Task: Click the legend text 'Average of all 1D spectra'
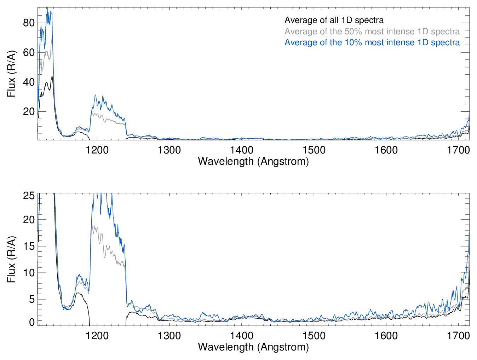pos(334,20)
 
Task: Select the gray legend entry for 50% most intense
pos(372,31)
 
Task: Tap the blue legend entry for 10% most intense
pos(372,42)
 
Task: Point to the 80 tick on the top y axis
pos(29,23)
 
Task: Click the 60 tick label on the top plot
pos(29,53)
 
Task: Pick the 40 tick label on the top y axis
pos(29,82)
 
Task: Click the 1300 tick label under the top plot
pos(169,150)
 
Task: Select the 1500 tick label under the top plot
pos(314,150)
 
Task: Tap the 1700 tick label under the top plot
pos(458,150)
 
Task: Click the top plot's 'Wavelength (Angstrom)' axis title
pos(253,161)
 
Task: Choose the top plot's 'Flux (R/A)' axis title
pos(11,74)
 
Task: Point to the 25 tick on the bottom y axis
pos(29,196)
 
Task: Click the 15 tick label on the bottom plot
pos(29,246)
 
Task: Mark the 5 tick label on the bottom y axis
pos(32,299)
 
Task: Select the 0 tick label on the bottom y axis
pos(32,322)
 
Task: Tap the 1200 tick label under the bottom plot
pos(97,335)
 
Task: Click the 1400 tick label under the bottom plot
pos(242,335)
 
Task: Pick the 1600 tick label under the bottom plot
pos(386,335)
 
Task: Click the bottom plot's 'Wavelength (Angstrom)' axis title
pos(253,347)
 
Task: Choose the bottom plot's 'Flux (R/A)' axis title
pos(11,260)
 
